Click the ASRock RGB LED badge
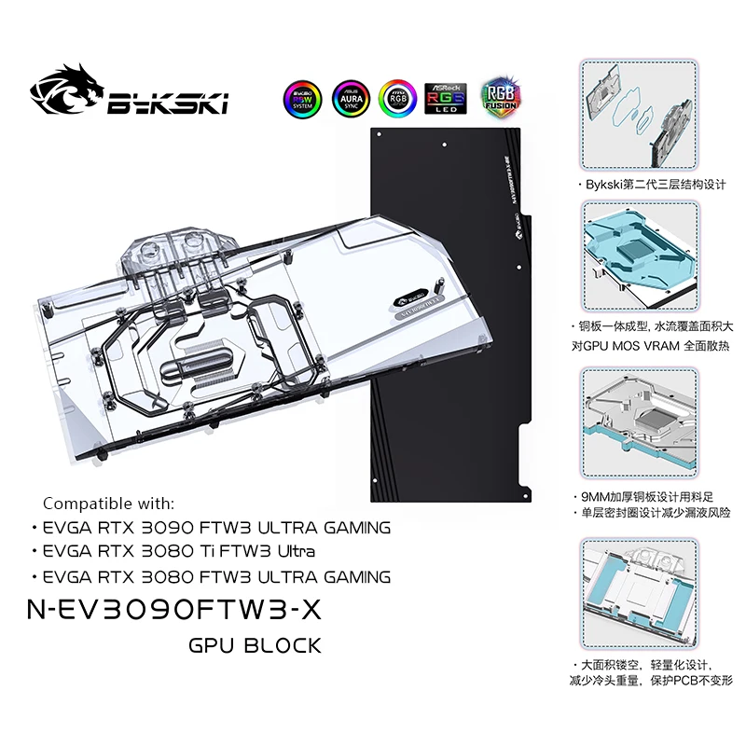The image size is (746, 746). coord(447,97)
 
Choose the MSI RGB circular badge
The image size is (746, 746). coord(398,97)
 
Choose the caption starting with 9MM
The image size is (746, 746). coord(648,496)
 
